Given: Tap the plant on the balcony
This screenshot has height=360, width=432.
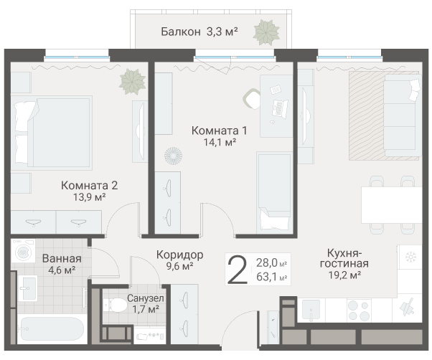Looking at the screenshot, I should point(269,31).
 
